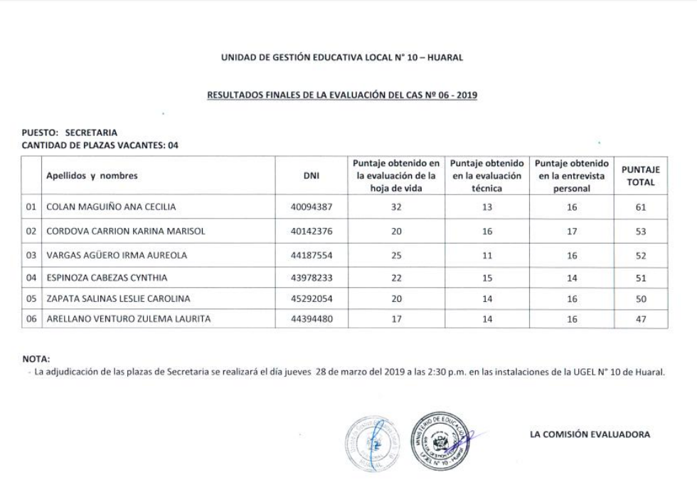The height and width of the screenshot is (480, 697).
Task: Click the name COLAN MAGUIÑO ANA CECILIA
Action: pos(110,207)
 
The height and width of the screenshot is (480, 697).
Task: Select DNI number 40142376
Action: pos(311,231)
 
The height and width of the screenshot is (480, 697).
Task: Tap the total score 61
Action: pos(641,207)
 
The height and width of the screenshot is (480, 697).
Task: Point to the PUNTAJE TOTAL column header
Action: pos(641,176)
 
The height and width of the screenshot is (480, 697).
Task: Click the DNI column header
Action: pos(311,176)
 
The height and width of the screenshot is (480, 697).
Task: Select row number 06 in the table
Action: pos(31,320)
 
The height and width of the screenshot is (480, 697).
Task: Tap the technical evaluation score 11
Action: pos(487,254)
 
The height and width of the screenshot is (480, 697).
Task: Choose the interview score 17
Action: pos(572,231)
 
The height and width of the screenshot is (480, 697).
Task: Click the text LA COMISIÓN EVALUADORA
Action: pos(590,434)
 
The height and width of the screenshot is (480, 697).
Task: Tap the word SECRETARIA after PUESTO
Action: pos(91,132)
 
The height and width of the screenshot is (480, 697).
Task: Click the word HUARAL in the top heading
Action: pos(447,58)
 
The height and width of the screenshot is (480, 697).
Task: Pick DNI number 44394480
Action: pos(311,320)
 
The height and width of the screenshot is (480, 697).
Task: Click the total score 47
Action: pos(641,320)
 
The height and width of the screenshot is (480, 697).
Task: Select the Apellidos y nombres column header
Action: pos(92,176)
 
